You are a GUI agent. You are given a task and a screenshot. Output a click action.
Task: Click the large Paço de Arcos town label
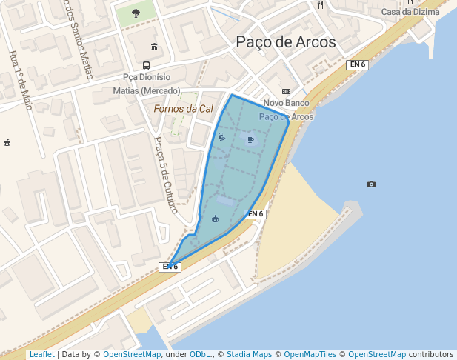286,42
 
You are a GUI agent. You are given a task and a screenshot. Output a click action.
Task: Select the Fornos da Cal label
183,109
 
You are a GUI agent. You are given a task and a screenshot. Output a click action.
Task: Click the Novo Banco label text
287,104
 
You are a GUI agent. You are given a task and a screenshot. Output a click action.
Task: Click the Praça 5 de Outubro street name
165,175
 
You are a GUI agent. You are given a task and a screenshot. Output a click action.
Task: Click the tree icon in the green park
136,13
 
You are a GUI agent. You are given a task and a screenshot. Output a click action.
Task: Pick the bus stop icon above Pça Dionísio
154,47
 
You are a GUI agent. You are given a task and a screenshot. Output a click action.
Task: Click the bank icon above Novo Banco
287,91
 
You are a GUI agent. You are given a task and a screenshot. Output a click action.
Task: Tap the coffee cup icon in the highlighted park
250,139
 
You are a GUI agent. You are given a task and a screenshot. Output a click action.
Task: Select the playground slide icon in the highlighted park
221,136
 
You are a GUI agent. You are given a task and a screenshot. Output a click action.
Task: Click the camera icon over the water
371,184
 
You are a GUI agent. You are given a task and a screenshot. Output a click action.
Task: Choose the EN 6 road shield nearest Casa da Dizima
357,65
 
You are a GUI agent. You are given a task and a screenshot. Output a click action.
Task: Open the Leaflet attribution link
41,355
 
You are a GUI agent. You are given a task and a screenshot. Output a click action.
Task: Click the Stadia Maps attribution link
248,355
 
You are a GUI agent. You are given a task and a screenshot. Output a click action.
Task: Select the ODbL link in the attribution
200,355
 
